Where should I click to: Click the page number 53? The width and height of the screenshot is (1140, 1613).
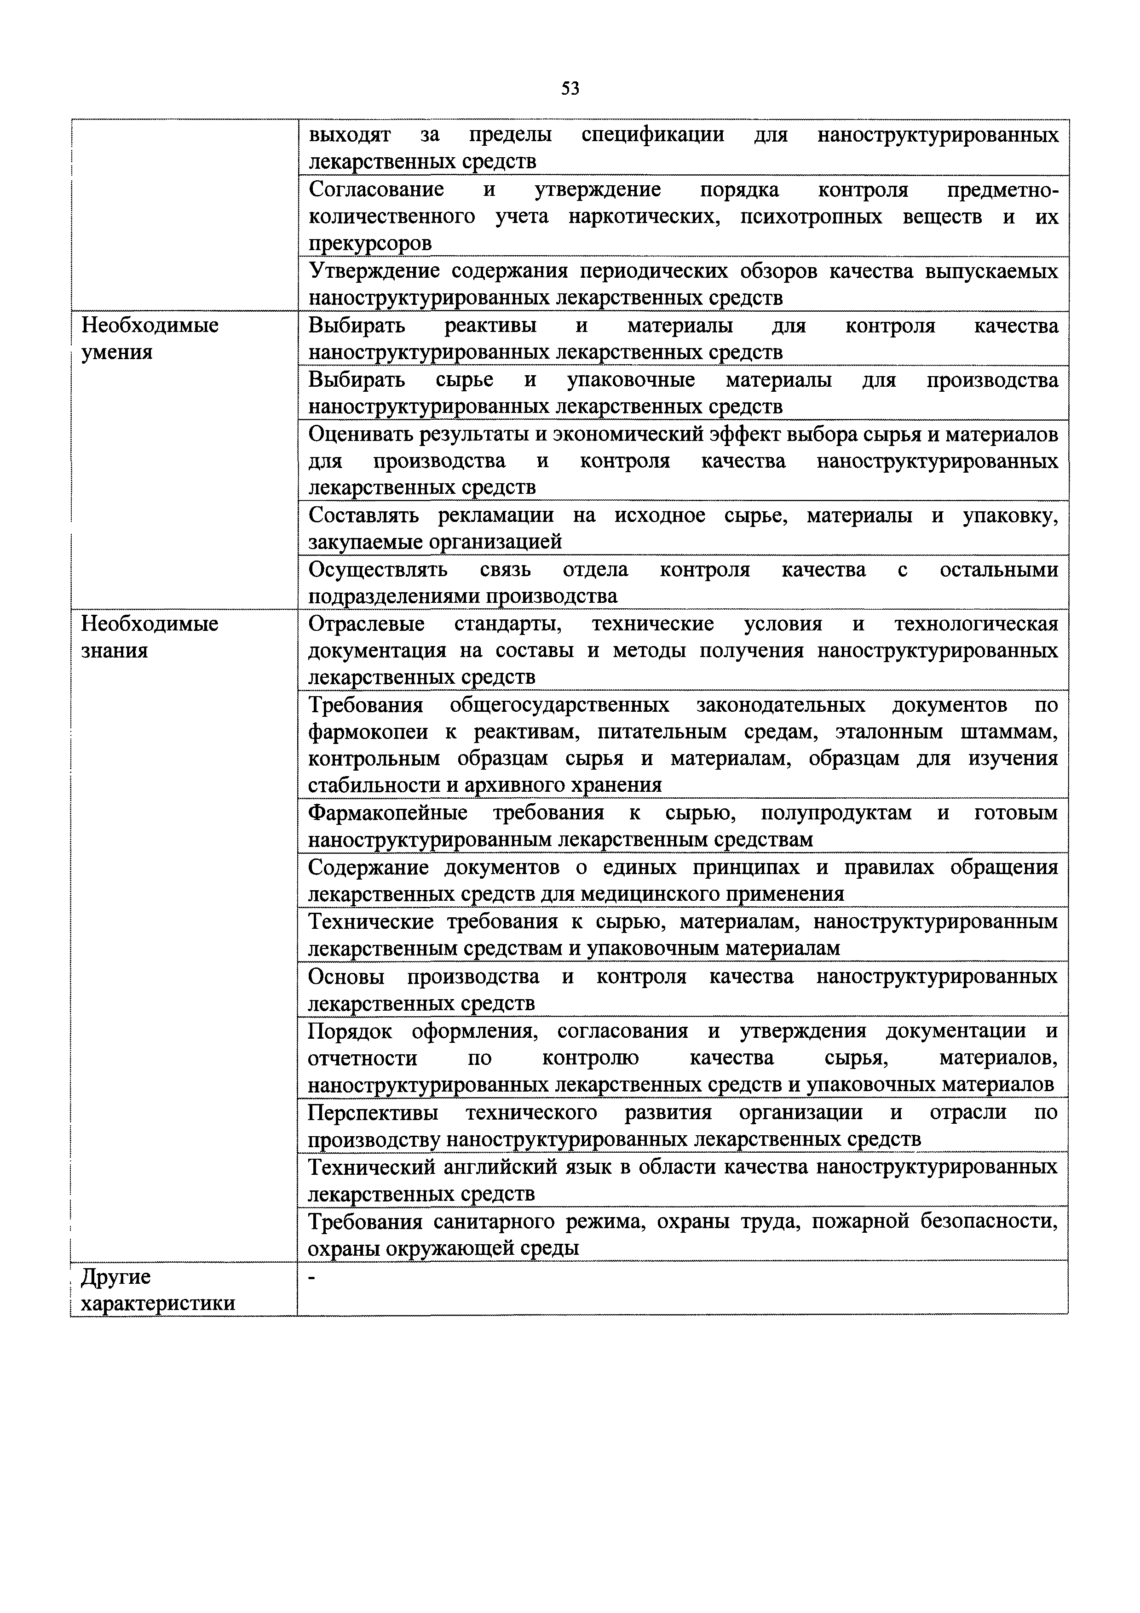pyautogui.click(x=570, y=89)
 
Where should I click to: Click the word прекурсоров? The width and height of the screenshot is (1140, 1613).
pyautogui.click(x=370, y=244)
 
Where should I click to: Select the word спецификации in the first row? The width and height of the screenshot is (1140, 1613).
pyautogui.click(x=653, y=135)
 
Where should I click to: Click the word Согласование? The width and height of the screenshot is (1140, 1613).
pyautogui.click(x=376, y=190)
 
